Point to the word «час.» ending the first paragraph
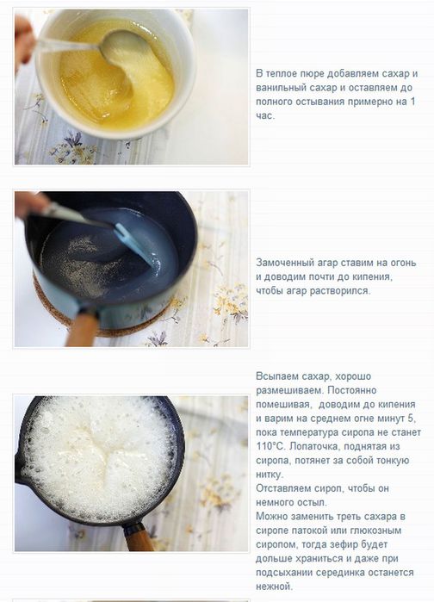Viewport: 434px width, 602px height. (265, 115)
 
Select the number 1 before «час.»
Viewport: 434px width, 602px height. (412, 102)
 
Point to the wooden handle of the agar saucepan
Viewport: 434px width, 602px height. (82, 329)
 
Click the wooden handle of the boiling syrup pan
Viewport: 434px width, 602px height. (138, 537)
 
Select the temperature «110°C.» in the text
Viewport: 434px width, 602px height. (271, 446)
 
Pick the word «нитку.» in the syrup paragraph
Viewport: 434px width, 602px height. (270, 475)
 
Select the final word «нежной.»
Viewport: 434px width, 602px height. (274, 586)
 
